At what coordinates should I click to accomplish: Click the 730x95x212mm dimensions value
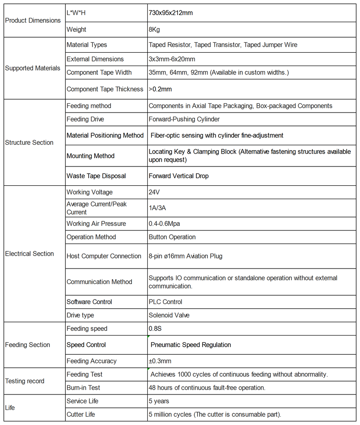[x=171, y=13]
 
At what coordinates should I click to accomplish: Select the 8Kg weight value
[x=154, y=30]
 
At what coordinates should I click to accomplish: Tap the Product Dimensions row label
[x=33, y=20]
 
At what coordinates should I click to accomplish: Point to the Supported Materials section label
[x=33, y=68]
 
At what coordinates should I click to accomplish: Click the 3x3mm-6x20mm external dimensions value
[x=172, y=59]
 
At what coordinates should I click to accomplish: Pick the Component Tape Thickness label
[x=105, y=89]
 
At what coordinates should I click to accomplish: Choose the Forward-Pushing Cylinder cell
[x=184, y=119]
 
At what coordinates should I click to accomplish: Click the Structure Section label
[x=29, y=143]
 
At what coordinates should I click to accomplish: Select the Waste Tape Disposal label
[x=96, y=176]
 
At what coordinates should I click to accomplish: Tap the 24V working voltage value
[x=154, y=192]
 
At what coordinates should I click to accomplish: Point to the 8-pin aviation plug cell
[x=185, y=256]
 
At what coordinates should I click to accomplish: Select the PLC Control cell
[x=165, y=302]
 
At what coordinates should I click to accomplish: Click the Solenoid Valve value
[x=169, y=315]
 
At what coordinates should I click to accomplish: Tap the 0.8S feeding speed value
[x=155, y=329]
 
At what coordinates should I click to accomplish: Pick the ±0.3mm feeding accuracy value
[x=160, y=361]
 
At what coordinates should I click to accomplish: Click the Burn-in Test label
[x=83, y=388]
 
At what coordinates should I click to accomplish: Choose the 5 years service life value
[x=159, y=401]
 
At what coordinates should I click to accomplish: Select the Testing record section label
[x=25, y=381]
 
